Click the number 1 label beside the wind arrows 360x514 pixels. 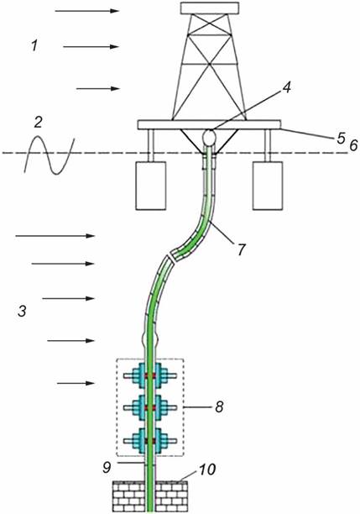[x=34, y=45]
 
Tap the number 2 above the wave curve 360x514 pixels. [x=39, y=123]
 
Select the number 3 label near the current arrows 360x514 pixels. [x=22, y=311]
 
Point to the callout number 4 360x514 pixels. [x=287, y=87]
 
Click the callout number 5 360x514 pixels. [x=341, y=139]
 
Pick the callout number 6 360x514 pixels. [x=353, y=145]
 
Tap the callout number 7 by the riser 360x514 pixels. [x=241, y=249]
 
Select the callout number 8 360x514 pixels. [x=219, y=406]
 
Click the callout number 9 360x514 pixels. [x=107, y=468]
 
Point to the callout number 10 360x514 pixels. [x=206, y=469]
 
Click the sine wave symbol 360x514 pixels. [x=50, y=154]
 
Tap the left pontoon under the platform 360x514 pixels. [x=151, y=186]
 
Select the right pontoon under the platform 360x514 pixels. [x=268, y=186]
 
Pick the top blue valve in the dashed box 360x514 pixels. [x=150, y=375]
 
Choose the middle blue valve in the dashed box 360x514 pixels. [x=150, y=407]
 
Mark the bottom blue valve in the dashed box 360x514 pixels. [x=150, y=441]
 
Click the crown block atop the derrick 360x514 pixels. [x=210, y=8]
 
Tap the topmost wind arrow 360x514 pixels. [x=86, y=11]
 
